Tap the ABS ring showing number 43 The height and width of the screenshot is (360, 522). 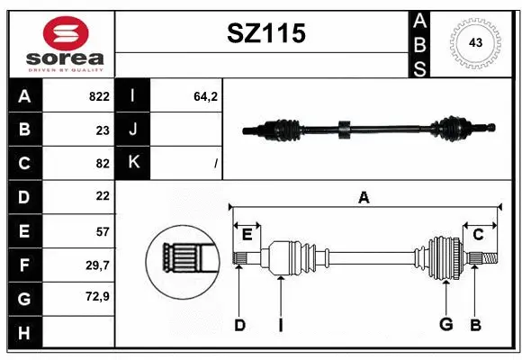(x=474, y=43)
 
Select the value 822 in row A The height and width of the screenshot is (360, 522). (x=98, y=96)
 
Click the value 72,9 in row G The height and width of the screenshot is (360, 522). (x=97, y=297)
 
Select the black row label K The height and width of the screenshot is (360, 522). (x=133, y=163)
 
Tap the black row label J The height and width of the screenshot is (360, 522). (x=133, y=130)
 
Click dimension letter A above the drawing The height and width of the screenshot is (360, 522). (x=364, y=198)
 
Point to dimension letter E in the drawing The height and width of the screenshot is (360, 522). (x=247, y=235)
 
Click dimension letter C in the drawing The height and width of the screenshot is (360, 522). (x=479, y=235)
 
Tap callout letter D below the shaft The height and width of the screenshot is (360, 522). (x=239, y=325)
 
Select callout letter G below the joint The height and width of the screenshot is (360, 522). (x=445, y=325)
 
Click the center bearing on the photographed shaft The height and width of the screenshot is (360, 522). (x=342, y=130)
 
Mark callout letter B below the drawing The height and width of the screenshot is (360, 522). (x=474, y=325)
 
